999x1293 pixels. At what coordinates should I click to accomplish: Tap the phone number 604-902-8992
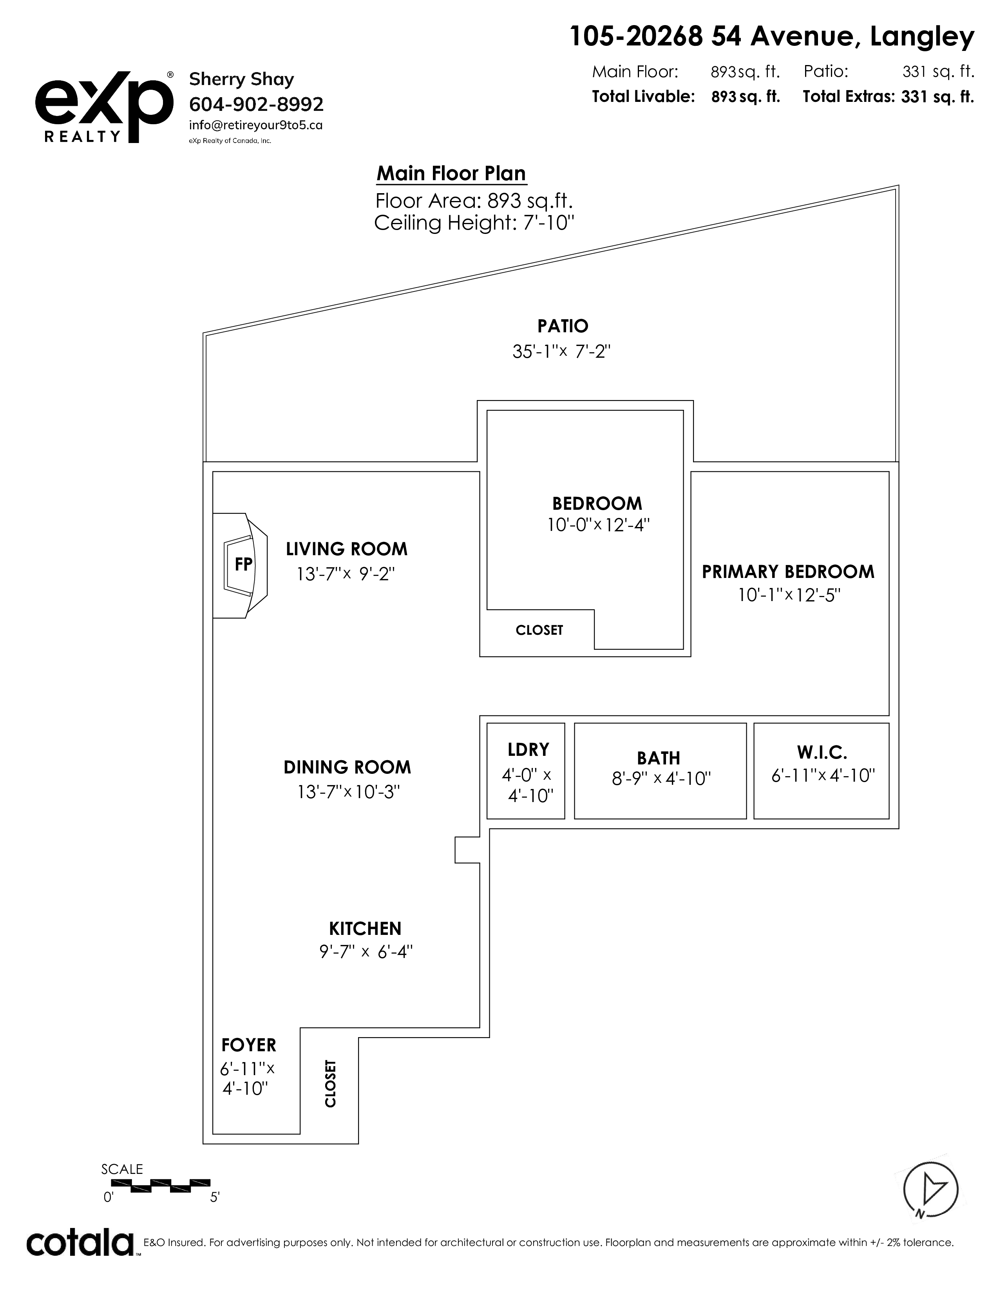click(x=256, y=104)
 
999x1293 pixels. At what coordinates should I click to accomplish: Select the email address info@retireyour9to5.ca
click(x=256, y=125)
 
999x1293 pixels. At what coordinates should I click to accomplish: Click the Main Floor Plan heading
click(x=451, y=174)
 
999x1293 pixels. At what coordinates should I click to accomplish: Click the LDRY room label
click(x=528, y=750)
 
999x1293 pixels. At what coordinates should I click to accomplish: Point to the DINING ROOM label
click(x=347, y=767)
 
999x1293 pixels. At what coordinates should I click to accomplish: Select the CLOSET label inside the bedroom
click(x=539, y=630)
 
